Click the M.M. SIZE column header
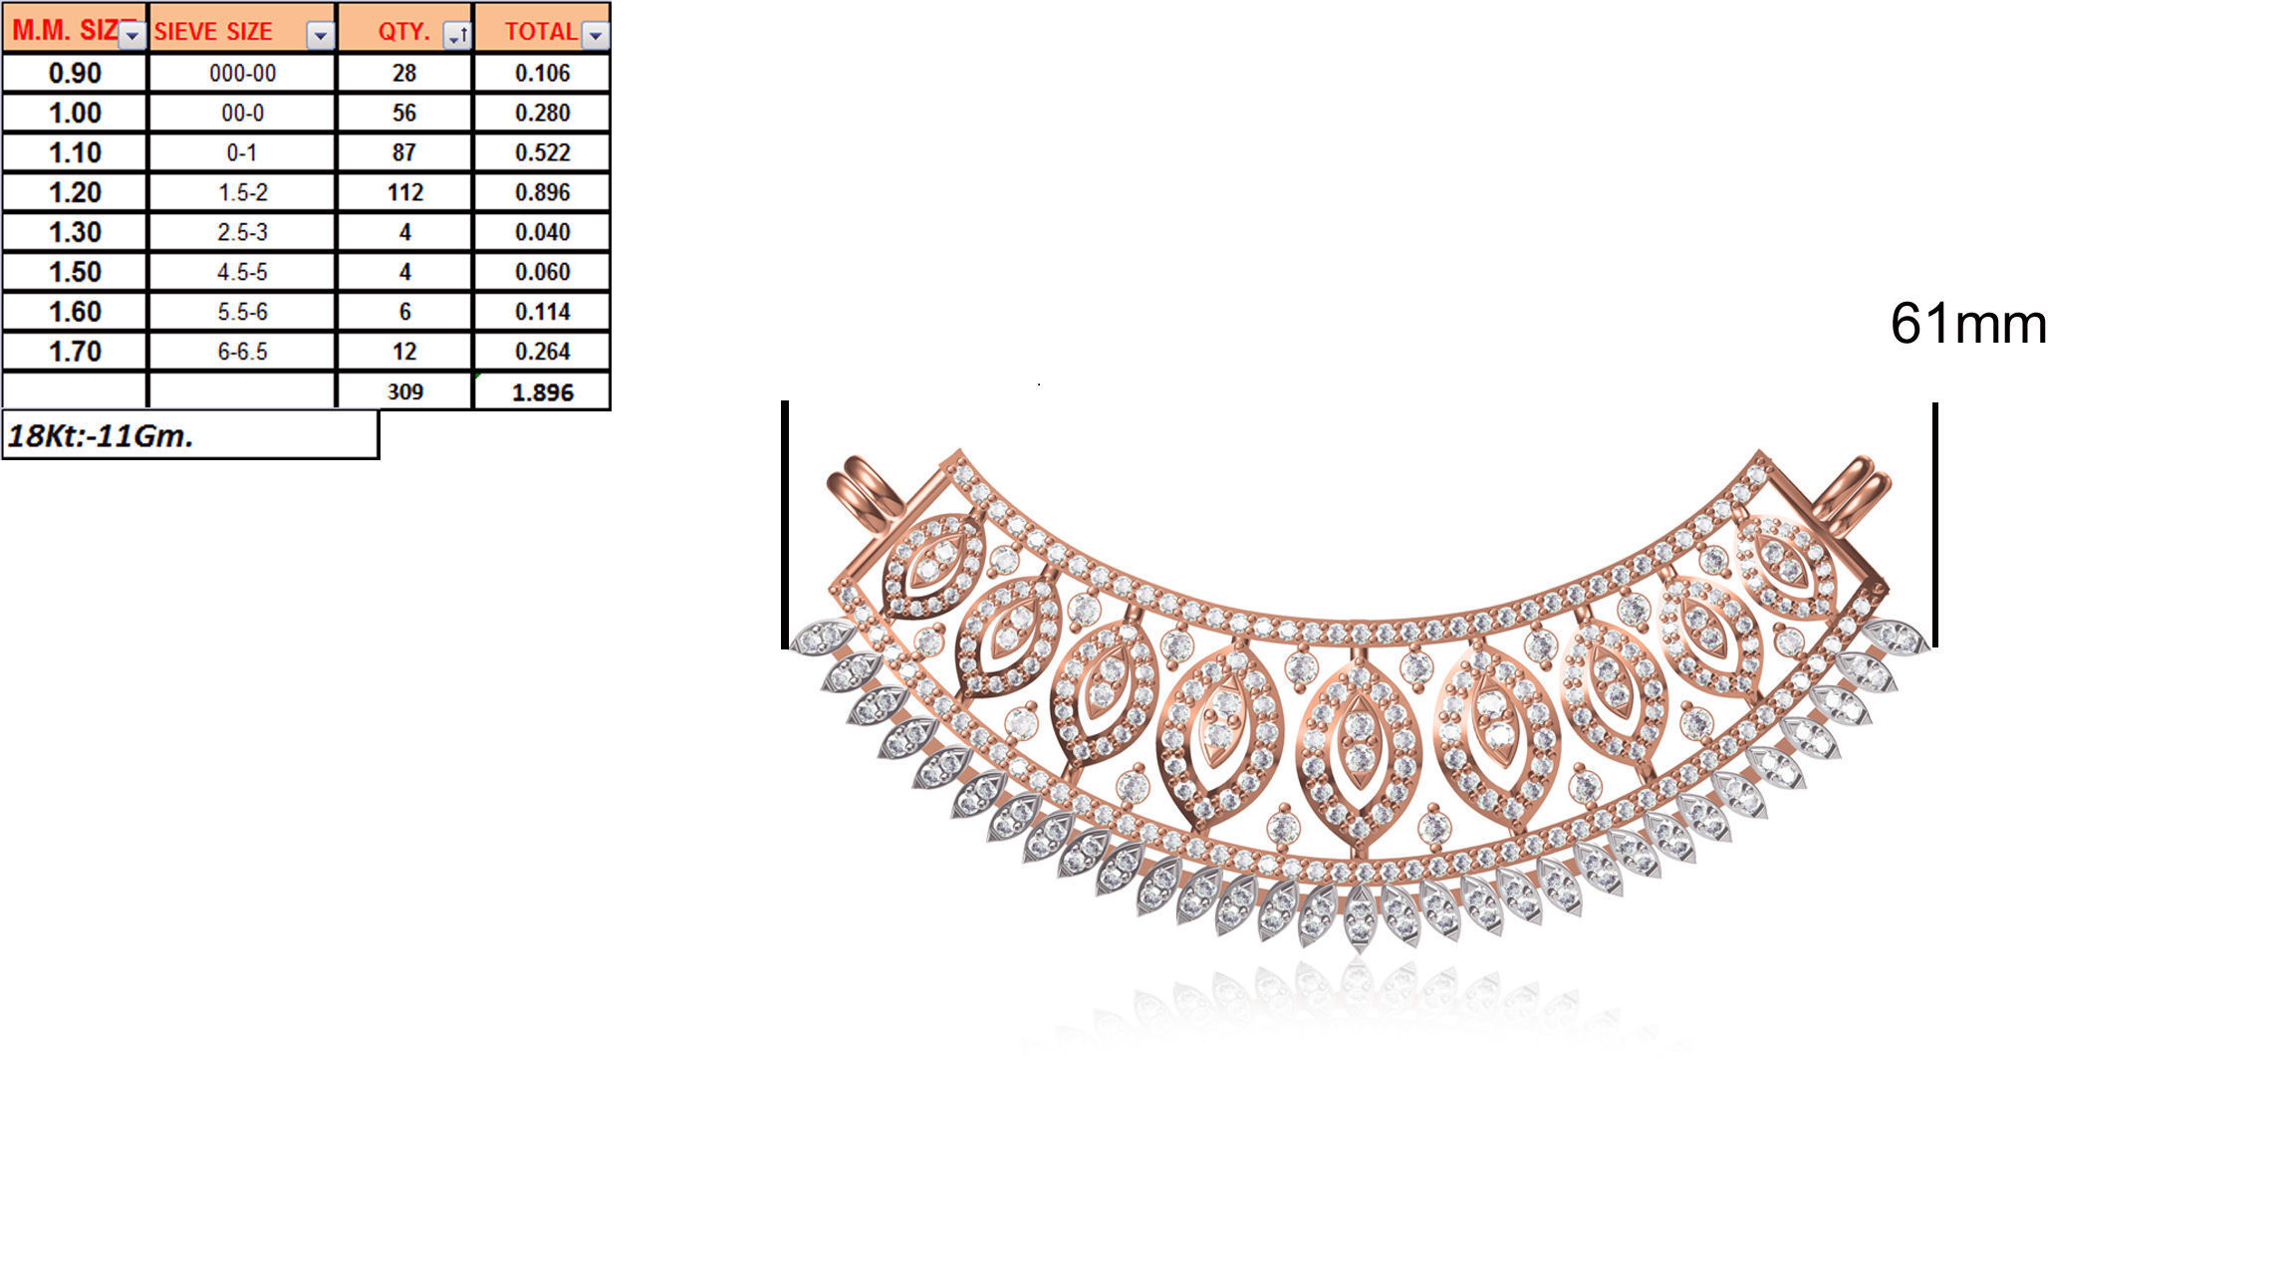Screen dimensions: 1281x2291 click(x=65, y=30)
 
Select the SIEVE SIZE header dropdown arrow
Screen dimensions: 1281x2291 click(x=320, y=37)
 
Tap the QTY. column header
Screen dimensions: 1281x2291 click(x=402, y=31)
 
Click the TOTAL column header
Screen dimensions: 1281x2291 click(x=539, y=31)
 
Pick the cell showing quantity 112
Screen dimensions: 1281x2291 click(x=404, y=192)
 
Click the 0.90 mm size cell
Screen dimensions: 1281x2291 click(x=75, y=73)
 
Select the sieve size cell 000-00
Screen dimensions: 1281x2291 click(x=242, y=73)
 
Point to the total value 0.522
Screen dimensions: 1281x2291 click(x=542, y=152)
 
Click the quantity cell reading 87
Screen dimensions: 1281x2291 click(x=404, y=152)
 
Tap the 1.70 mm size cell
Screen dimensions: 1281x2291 click(x=75, y=352)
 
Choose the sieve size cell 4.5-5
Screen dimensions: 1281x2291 click(x=242, y=272)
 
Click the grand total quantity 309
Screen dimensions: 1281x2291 click(x=404, y=391)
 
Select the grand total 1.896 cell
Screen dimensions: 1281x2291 click(x=542, y=392)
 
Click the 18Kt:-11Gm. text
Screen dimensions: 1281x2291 click(x=101, y=436)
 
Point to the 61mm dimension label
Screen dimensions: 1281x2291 click(x=1967, y=324)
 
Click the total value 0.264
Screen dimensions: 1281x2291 click(x=542, y=352)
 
